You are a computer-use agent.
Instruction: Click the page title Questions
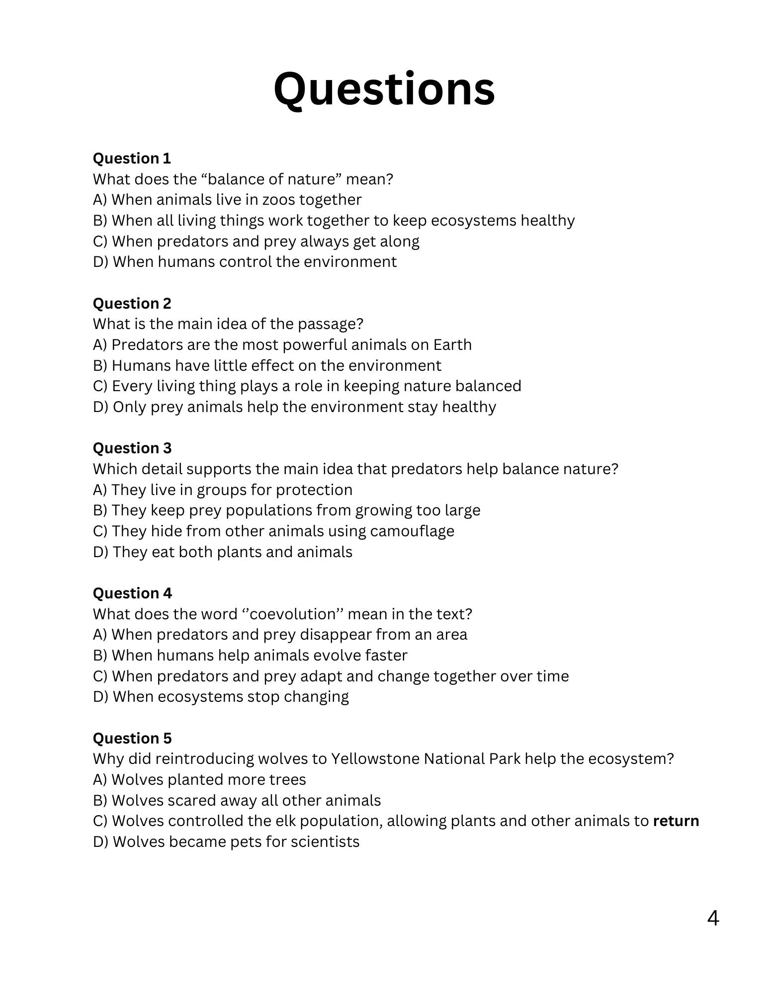tap(384, 89)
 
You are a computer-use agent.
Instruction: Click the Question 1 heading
tap(132, 159)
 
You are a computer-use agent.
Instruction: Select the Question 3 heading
tap(132, 448)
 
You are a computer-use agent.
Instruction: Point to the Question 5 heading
tap(132, 739)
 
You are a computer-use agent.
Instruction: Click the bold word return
tap(676, 821)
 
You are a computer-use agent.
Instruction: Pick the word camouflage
tap(412, 531)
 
